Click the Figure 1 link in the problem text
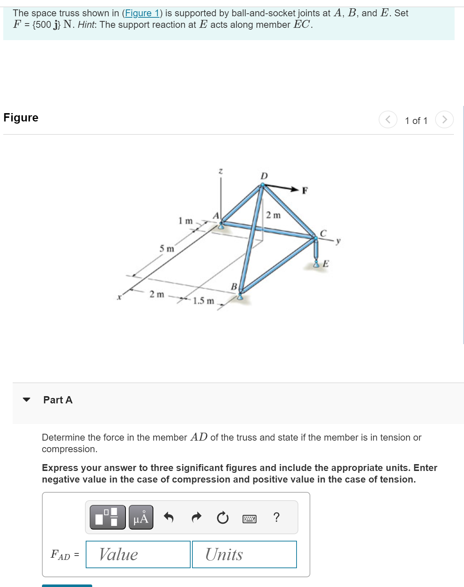(142, 13)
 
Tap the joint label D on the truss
(264, 176)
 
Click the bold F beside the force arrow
(305, 190)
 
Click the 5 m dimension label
(167, 249)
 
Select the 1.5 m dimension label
(203, 301)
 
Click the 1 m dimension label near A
(186, 220)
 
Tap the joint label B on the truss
(234, 286)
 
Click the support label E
(325, 263)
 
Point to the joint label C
(323, 233)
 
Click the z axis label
(221, 171)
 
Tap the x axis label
(119, 297)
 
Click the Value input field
(138, 554)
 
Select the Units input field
(244, 554)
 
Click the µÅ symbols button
(141, 517)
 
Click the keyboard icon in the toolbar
(249, 519)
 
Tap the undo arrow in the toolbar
(169, 517)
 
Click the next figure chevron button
(444, 120)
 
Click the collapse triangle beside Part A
(26, 399)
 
